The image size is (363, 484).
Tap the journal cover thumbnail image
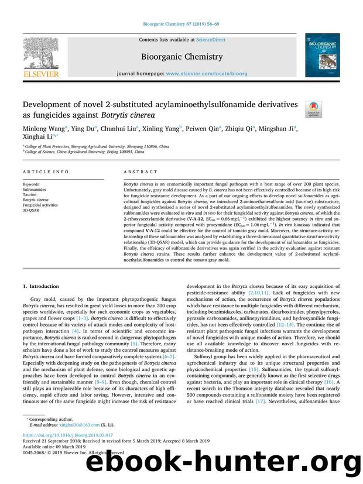click(321, 55)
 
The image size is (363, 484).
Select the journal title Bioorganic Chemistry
click(182, 57)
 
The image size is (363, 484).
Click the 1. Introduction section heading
click(40, 286)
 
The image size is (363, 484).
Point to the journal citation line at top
click(181, 24)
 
